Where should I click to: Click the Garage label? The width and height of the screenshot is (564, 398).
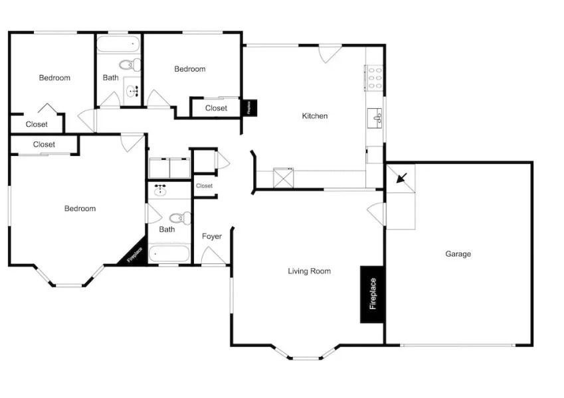pyautogui.click(x=458, y=253)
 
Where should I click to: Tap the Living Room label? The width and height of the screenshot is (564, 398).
pyautogui.click(x=309, y=271)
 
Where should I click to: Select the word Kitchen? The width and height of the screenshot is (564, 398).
pyautogui.click(x=314, y=116)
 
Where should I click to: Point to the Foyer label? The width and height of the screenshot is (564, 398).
pyautogui.click(x=211, y=236)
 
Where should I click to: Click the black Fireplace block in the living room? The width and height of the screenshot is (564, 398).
pyautogui.click(x=372, y=295)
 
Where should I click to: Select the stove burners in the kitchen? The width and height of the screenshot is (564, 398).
pyautogui.click(x=374, y=77)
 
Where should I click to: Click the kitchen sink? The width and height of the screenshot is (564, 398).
pyautogui.click(x=375, y=118)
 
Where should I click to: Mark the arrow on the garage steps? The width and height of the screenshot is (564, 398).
pyautogui.click(x=401, y=178)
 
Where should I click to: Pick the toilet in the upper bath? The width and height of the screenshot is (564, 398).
pyautogui.click(x=131, y=65)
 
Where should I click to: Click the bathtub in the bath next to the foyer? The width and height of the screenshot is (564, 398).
pyautogui.click(x=169, y=253)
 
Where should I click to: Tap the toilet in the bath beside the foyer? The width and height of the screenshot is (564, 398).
pyautogui.click(x=179, y=218)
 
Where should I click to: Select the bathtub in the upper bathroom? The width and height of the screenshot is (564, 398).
pyautogui.click(x=118, y=44)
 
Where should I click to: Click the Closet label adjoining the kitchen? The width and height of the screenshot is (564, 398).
pyautogui.click(x=216, y=108)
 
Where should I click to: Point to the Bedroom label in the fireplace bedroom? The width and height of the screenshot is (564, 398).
pyautogui.click(x=80, y=208)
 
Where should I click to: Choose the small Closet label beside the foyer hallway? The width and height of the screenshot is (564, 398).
pyautogui.click(x=205, y=186)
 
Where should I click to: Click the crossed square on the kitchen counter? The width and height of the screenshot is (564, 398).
pyautogui.click(x=284, y=178)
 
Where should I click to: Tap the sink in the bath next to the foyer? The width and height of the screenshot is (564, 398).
pyautogui.click(x=160, y=191)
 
